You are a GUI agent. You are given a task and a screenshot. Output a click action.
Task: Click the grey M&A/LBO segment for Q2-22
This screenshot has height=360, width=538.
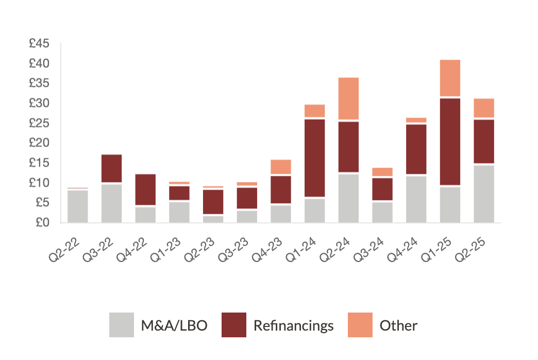tap(77, 206)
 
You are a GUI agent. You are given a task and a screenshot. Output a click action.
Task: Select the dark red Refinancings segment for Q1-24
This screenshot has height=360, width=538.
tap(314, 158)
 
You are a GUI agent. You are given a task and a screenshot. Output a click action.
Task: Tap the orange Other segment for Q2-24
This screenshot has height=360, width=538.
tap(348, 99)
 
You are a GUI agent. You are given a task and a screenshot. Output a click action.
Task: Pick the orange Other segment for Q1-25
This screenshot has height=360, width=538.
tap(450, 78)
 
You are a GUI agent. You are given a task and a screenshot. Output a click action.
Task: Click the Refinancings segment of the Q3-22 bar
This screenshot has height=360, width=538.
tap(111, 169)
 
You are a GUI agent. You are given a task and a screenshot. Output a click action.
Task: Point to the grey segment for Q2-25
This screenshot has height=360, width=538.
tap(484, 194)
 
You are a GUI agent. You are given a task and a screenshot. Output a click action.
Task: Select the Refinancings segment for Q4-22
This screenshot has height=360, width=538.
tap(145, 190)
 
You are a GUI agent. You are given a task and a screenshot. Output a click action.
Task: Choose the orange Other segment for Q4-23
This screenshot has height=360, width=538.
tap(281, 167)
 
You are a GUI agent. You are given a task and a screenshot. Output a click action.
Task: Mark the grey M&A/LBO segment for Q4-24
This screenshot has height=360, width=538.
tap(416, 199)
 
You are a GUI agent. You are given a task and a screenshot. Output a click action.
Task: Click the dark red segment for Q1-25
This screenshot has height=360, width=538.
tap(450, 141)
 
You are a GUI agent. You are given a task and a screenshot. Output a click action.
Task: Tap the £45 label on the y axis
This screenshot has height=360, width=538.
tap(39, 44)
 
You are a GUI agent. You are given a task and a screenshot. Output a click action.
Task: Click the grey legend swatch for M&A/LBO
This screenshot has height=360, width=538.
tap(121, 325)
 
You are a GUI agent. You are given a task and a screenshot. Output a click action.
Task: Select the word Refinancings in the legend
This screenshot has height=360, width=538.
tap(293, 325)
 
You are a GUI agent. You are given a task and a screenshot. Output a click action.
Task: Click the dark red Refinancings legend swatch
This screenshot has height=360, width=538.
tap(234, 325)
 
